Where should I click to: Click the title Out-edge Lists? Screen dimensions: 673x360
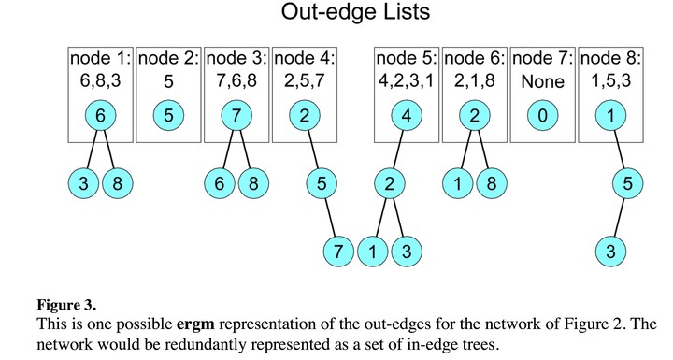click(355, 11)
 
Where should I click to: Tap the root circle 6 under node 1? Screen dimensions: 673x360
click(100, 116)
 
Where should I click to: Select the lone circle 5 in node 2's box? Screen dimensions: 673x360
click(168, 116)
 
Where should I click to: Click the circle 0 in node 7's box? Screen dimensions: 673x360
click(542, 116)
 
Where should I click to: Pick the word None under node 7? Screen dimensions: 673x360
click(542, 81)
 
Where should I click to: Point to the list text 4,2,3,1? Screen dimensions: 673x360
click(406, 80)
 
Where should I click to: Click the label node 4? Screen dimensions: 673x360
click(305, 58)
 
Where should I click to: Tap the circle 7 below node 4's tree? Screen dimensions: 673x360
click(338, 252)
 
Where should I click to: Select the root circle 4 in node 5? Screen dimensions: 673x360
click(407, 116)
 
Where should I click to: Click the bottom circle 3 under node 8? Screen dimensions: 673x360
click(610, 252)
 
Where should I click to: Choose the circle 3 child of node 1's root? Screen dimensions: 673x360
click(84, 183)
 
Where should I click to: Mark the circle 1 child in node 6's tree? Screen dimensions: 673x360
click(457, 183)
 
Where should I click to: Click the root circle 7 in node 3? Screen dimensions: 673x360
click(236, 116)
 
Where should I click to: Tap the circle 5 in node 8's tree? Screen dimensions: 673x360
click(627, 183)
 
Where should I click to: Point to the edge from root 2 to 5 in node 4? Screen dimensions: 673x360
click(313, 150)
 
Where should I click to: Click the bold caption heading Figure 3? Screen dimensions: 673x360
click(66, 306)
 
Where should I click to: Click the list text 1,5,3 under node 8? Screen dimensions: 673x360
click(610, 80)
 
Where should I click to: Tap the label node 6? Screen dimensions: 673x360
click(474, 58)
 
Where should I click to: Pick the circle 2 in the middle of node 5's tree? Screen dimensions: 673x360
click(390, 183)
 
